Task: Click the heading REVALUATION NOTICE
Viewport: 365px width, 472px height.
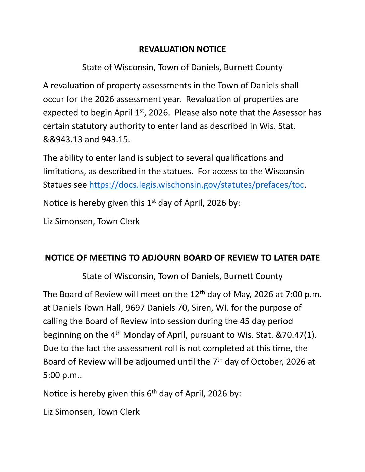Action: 182,49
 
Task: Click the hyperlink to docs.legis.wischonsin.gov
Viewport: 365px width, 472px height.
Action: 196,185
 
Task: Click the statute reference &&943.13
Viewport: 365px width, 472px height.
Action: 62,139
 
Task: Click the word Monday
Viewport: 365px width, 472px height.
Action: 139,335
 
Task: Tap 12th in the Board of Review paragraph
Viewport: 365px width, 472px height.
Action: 197,294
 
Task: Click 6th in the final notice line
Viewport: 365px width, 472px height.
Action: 152,393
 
